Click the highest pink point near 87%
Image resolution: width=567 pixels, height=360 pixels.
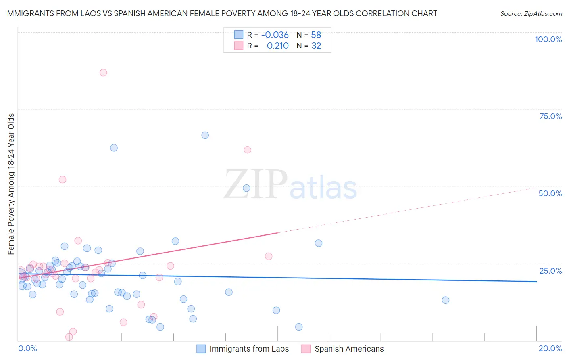click(103, 73)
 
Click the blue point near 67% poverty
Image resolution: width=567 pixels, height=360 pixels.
click(205, 135)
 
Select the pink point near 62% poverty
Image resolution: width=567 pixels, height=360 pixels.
click(248, 150)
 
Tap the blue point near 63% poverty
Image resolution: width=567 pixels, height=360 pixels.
click(114, 148)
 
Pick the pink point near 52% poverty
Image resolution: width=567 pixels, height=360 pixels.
click(63, 180)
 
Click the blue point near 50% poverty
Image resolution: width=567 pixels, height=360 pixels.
click(246, 188)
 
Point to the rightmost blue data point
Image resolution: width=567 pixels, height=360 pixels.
click(446, 300)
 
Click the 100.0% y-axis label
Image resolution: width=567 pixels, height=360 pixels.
click(548, 39)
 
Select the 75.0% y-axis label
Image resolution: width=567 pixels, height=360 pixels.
click(550, 116)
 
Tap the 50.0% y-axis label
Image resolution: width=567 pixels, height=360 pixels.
click(550, 193)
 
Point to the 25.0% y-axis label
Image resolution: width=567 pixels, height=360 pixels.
click(550, 271)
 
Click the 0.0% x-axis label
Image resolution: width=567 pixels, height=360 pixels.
click(27, 348)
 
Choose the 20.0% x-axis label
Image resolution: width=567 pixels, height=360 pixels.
click(550, 348)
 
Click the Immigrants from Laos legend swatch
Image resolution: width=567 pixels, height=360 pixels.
click(201, 349)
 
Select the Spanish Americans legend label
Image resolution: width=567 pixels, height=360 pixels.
click(349, 349)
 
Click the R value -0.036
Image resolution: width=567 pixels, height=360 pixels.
click(275, 35)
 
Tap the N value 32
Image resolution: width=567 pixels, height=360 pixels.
click(316, 46)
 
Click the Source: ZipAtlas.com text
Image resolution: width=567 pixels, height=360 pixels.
click(531, 13)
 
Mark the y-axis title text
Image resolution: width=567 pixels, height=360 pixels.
click(11, 184)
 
